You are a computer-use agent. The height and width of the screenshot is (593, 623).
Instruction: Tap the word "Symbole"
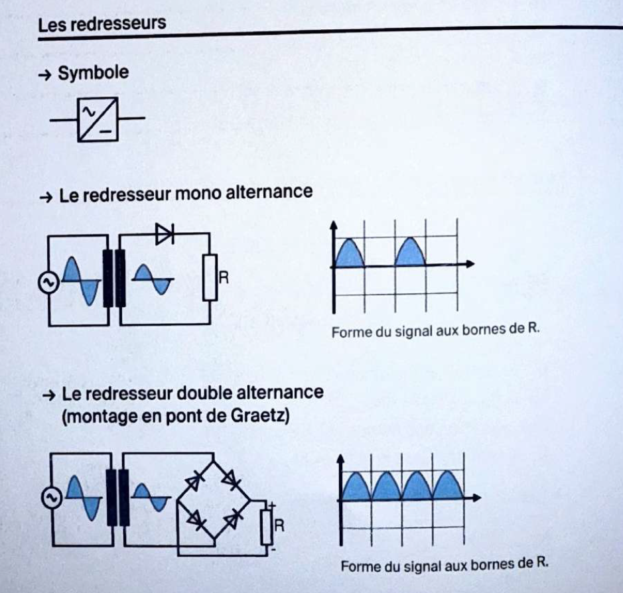(93, 73)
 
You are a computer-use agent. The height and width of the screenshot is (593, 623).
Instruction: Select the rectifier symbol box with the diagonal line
(98, 119)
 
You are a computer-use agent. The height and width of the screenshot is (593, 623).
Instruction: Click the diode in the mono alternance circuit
(164, 233)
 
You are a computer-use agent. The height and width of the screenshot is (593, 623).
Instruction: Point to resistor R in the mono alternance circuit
(210, 277)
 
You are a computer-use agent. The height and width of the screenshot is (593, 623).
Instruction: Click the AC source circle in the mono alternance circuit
(48, 283)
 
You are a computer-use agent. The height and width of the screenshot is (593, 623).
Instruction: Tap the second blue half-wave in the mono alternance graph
(411, 253)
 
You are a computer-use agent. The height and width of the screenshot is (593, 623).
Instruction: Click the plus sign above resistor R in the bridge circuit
(271, 505)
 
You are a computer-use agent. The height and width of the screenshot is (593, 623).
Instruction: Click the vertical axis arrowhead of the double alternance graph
(341, 458)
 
